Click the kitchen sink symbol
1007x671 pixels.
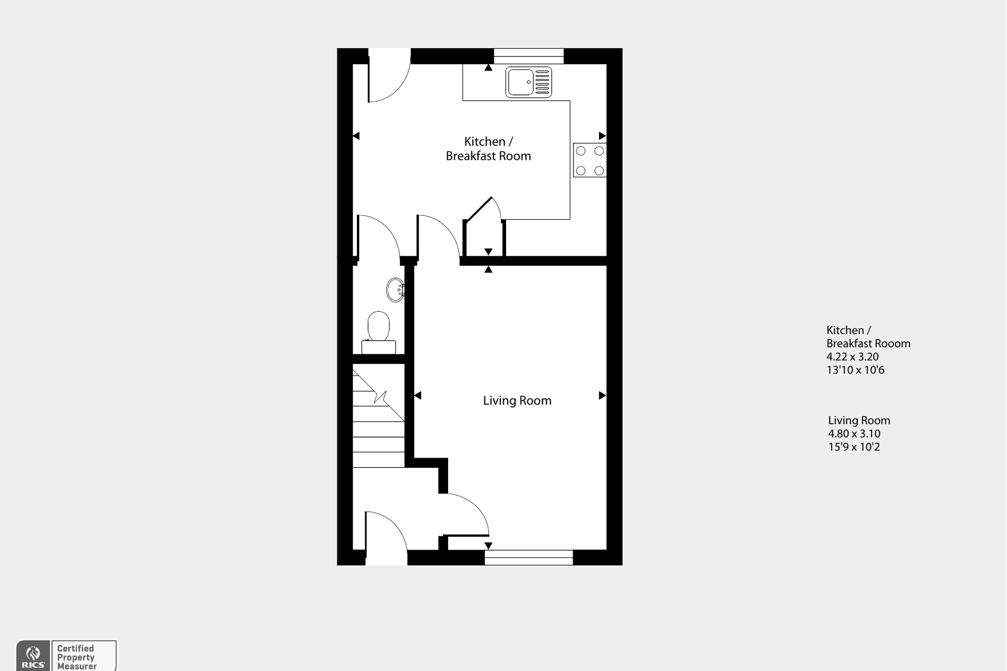pos(528,82)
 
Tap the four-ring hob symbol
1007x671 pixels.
pos(590,160)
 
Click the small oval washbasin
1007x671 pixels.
pos(395,290)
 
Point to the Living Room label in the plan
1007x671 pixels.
pos(517,400)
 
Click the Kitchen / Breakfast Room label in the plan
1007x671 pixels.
pos(488,149)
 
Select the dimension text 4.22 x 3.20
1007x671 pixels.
pos(852,357)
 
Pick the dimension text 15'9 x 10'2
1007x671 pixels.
pos(854,447)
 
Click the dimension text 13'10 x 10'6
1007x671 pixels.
pos(855,370)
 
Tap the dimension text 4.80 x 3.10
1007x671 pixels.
pos(854,434)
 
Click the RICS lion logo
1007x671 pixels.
pos(33,655)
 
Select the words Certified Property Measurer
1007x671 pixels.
pos(77,657)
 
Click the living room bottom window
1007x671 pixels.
pos(528,557)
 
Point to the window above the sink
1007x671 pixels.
pos(528,55)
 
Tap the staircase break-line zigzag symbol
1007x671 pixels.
pos(381,398)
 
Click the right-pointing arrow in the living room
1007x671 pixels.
pos(602,395)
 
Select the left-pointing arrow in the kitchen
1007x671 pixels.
pos(356,136)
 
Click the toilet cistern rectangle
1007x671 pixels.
pos(379,347)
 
